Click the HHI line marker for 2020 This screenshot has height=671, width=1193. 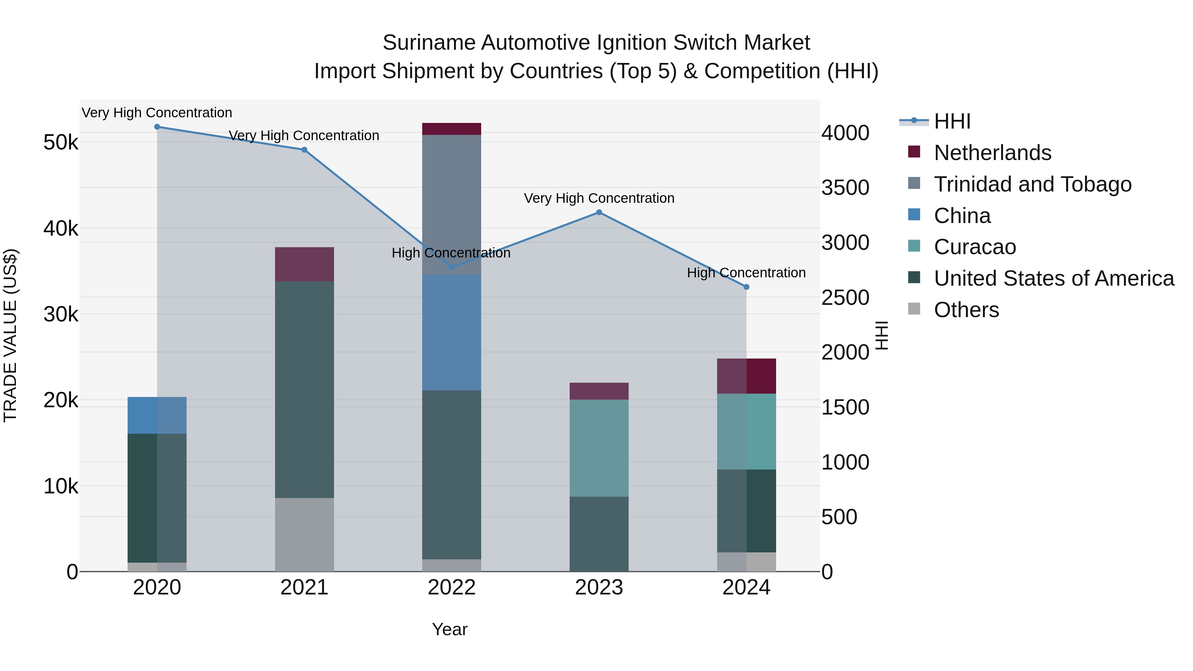point(157,127)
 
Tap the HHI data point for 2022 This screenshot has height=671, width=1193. point(452,268)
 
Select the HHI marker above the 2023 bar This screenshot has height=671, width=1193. point(599,212)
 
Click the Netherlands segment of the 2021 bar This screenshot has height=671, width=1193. point(304,264)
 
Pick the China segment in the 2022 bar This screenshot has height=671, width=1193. point(452,332)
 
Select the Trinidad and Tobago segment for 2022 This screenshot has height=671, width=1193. point(452,205)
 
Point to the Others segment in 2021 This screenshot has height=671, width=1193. point(304,534)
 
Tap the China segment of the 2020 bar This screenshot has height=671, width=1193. point(157,416)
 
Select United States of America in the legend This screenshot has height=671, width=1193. point(1053,278)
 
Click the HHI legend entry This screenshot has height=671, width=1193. point(952,121)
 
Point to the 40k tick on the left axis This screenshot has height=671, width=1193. point(61,228)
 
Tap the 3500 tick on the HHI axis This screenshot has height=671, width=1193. point(845,188)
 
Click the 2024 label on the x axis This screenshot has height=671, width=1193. point(746,587)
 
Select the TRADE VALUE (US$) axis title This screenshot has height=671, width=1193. point(10,335)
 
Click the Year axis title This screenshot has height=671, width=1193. point(450,629)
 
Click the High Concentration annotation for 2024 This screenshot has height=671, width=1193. point(746,273)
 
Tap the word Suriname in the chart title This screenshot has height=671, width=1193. point(429,43)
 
